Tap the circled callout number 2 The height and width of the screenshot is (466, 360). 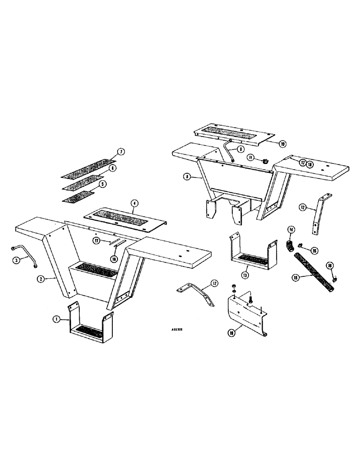(x=42, y=279)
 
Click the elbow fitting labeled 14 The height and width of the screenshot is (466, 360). (x=290, y=246)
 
